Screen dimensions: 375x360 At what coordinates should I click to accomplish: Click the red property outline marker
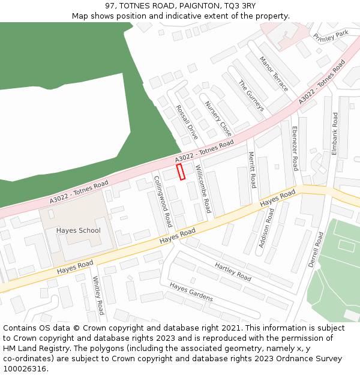(181, 172)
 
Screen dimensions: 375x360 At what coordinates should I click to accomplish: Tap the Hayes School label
(78, 230)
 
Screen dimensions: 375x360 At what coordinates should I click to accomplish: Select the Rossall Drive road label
(186, 122)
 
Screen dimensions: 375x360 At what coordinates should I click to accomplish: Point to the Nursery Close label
(218, 118)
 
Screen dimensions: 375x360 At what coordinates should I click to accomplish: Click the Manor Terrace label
(274, 74)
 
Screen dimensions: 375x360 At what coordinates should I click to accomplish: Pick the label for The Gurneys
(251, 96)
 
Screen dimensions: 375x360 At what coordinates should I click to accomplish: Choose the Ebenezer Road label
(295, 148)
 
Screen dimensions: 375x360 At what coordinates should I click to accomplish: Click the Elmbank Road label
(335, 134)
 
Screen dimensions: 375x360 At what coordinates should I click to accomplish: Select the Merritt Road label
(253, 170)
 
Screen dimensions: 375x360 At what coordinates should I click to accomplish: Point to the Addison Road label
(265, 229)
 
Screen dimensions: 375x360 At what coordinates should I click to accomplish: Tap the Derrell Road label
(316, 250)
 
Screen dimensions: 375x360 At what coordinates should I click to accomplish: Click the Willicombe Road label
(203, 190)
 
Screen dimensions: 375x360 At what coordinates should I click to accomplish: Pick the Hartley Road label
(233, 272)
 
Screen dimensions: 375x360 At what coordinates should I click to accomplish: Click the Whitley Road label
(98, 295)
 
